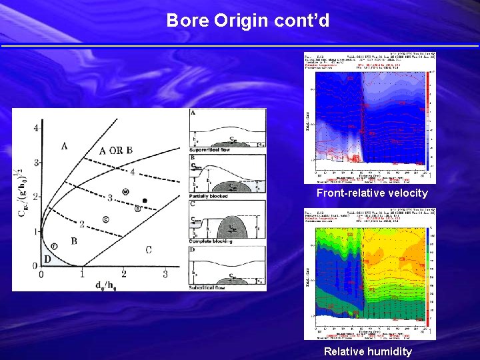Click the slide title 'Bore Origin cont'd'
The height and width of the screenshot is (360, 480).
coord(247,21)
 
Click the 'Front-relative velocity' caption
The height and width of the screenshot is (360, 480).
coord(372,193)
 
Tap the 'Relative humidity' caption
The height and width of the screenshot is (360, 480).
coord(368,351)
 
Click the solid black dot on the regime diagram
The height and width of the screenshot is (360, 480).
coord(145,201)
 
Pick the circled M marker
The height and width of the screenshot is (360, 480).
coord(125,193)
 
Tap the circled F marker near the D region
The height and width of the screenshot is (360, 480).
coord(54,246)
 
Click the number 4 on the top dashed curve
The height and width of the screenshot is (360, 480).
coord(132,172)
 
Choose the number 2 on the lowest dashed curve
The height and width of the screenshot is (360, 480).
coord(82,225)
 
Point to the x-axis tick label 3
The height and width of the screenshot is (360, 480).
coord(165,274)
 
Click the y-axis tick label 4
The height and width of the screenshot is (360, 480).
coord(35,127)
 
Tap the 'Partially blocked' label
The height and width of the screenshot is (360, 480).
coord(209,196)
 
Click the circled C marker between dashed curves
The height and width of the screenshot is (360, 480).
coord(106,219)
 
